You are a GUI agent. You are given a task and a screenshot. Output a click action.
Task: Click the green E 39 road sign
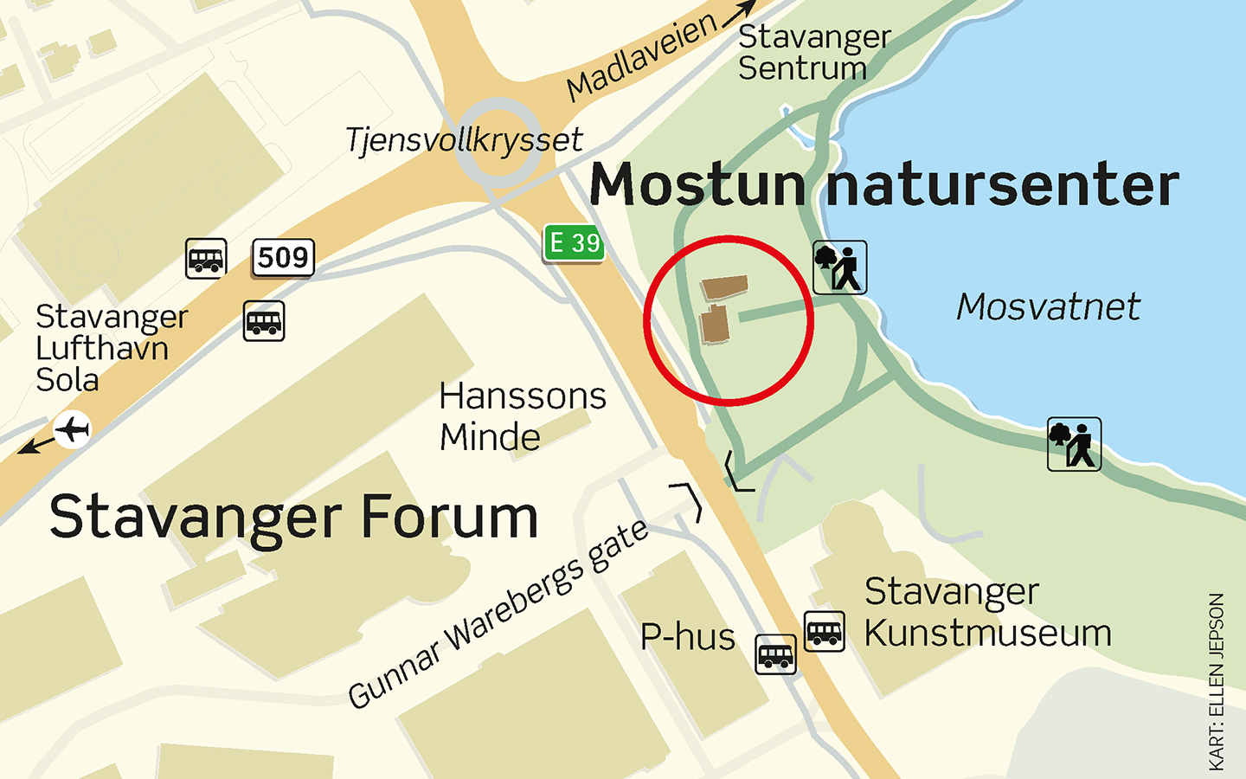574,243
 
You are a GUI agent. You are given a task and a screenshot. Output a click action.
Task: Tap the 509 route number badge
283,258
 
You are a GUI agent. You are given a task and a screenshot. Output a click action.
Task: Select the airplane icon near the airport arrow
73,429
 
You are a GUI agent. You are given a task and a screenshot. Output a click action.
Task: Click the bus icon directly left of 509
206,258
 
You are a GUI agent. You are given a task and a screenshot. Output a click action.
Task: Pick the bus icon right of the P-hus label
775,653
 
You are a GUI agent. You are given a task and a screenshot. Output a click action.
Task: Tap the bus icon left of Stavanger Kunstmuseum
824,631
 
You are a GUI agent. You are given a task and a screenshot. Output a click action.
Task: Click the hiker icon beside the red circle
839,267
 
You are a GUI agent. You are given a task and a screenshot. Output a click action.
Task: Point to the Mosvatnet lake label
1048,307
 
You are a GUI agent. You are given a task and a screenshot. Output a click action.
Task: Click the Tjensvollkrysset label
464,140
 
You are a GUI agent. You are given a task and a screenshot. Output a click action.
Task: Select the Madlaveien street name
641,56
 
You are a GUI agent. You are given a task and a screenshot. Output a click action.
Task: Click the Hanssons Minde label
522,416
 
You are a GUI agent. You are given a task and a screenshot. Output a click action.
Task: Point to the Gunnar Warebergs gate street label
498,614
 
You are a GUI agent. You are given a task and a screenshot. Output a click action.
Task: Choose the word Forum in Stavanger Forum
449,518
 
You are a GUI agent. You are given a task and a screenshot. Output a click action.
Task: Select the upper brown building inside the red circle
724,287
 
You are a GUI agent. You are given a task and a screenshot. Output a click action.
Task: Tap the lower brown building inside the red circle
715,325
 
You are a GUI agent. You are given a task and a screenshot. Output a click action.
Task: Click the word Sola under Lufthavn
67,381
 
